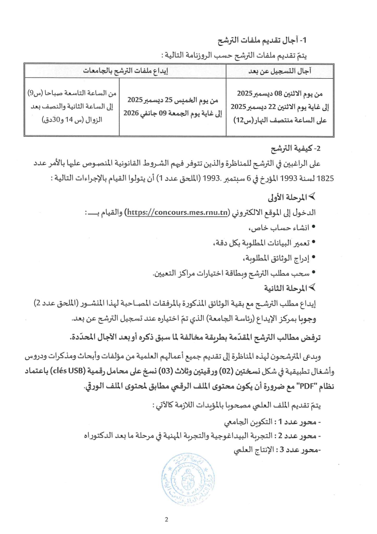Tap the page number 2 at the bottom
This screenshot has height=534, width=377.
point(188,519)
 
